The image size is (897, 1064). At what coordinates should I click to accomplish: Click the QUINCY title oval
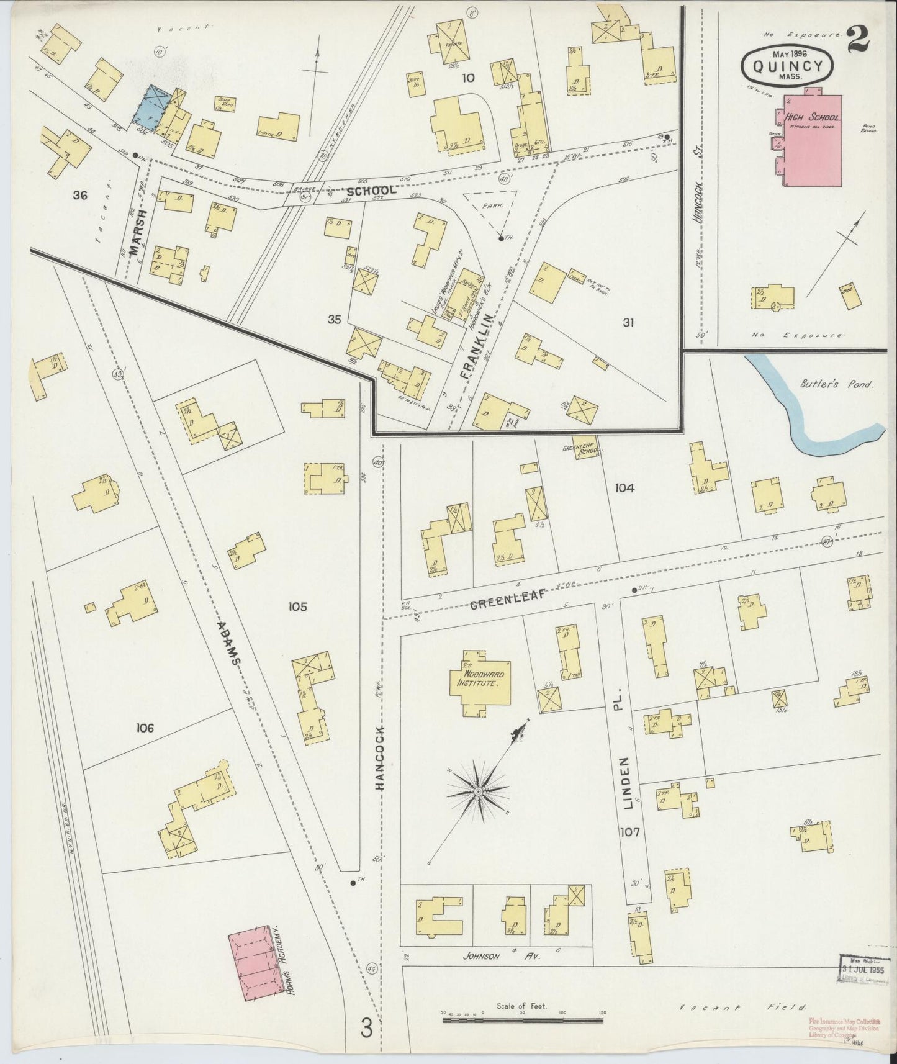pyautogui.click(x=787, y=65)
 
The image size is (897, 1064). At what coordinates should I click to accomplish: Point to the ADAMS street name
pyautogui.click(x=230, y=642)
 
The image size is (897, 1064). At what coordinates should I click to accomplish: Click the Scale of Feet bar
pyautogui.click(x=523, y=1020)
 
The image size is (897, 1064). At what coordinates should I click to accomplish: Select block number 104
pyautogui.click(x=624, y=488)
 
